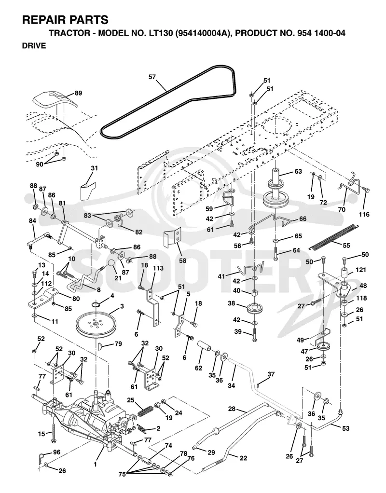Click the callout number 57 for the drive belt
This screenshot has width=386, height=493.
[x=152, y=77]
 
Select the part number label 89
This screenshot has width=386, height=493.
[x=78, y=93]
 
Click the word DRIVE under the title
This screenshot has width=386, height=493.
[x=34, y=46]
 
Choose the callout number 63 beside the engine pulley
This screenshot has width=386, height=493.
[x=298, y=171]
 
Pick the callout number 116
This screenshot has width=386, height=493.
[x=364, y=215]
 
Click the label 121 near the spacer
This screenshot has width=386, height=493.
[x=360, y=270]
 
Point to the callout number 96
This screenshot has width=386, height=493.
[x=56, y=452]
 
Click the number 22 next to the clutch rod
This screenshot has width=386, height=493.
[x=243, y=458]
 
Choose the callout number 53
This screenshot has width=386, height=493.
[x=345, y=428]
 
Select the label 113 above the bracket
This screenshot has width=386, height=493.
[x=158, y=268]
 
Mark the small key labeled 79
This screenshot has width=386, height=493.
[x=101, y=346]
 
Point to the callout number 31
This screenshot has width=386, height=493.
[x=95, y=168]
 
